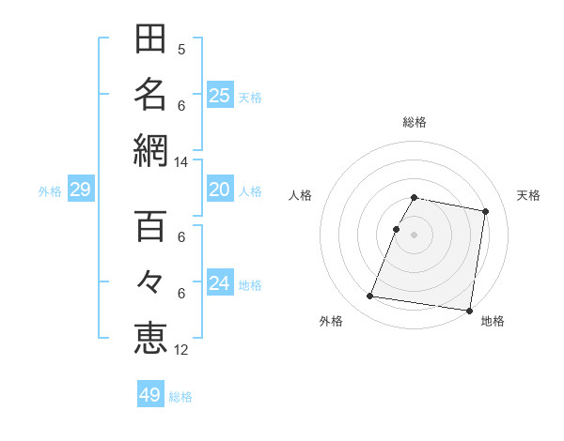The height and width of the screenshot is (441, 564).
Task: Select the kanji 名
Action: point(150,94)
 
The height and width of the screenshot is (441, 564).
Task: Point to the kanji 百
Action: point(150,228)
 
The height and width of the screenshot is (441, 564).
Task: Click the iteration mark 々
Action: point(150,282)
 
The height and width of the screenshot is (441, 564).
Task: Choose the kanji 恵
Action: point(150,337)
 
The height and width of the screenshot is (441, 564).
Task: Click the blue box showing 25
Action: point(219,95)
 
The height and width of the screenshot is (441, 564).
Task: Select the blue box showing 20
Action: point(219,190)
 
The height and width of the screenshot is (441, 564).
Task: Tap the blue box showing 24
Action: point(219,283)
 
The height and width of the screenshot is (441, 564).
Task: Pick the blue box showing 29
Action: point(80,190)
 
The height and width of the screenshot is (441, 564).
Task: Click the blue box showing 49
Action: point(150,395)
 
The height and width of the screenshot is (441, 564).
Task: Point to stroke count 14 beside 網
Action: point(181,163)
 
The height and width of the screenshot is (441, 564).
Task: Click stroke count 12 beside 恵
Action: point(181,351)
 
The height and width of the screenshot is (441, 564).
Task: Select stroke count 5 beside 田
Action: point(181,50)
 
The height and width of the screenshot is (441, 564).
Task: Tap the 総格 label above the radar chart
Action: point(415,122)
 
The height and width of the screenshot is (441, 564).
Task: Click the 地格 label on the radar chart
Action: point(493,321)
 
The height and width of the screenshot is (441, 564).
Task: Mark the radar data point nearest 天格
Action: point(485,212)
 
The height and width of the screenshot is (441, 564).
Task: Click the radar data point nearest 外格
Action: point(370,297)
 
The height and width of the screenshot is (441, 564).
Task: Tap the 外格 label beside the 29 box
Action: point(50,191)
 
